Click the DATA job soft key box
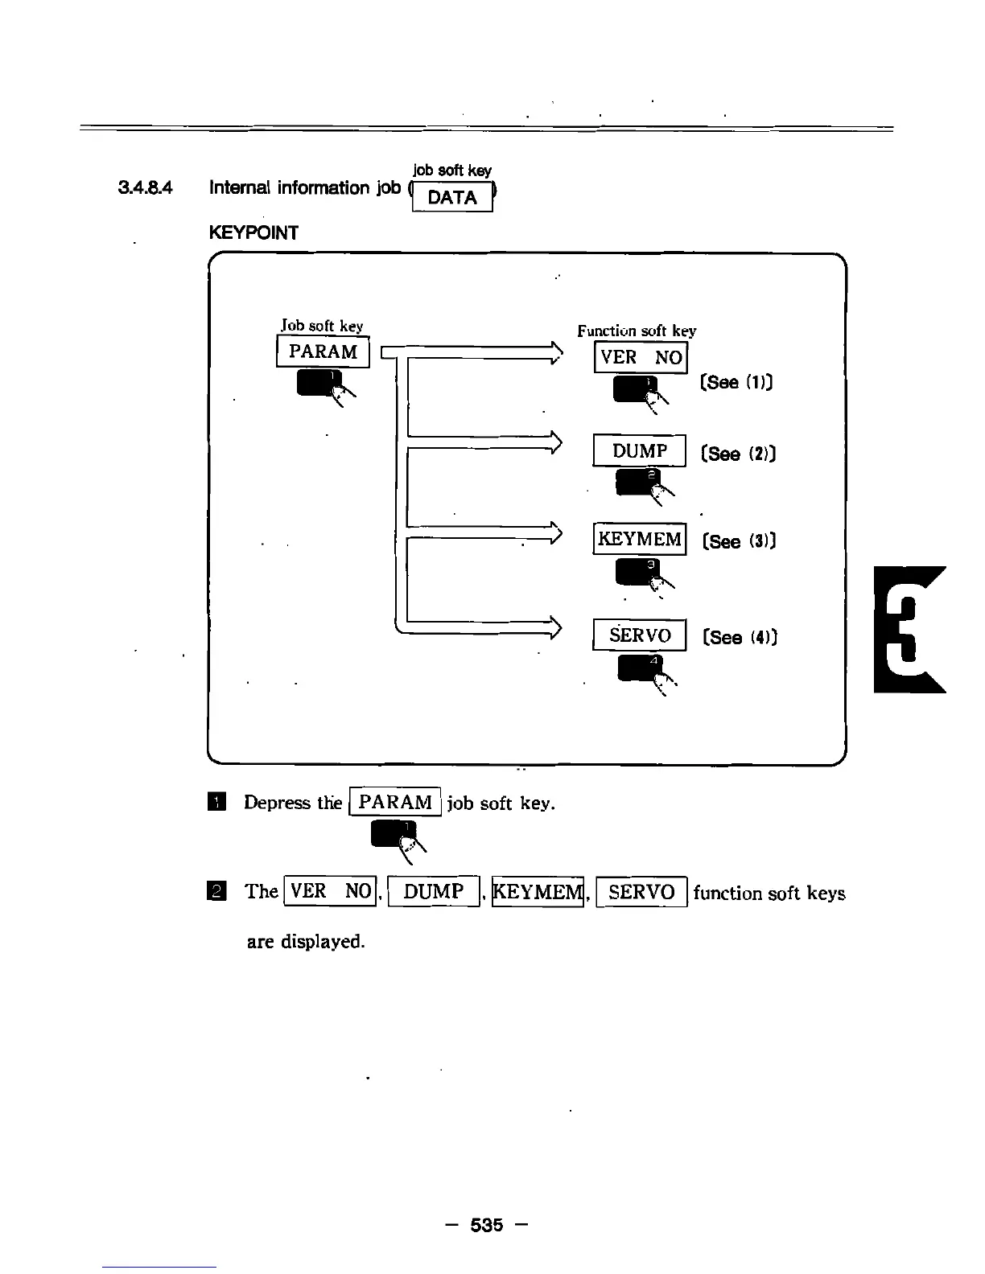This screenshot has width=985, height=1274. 452,197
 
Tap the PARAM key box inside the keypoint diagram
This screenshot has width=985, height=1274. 323,352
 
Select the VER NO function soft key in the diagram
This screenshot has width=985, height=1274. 641,357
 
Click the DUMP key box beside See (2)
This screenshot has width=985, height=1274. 640,451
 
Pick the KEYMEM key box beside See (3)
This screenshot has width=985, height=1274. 640,539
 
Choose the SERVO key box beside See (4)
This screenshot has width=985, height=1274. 640,635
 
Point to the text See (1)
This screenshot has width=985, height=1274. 736,382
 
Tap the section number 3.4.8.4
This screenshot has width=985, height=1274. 145,188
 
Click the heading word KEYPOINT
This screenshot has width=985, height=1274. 253,233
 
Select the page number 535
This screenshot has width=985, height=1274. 487,1225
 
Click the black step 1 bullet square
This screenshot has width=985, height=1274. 216,802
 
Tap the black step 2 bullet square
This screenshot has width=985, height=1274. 216,891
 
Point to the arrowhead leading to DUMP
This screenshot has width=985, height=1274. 554,442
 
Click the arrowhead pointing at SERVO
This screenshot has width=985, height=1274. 554,627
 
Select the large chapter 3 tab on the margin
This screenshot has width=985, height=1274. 909,629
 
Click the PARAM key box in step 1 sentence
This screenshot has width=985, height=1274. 395,802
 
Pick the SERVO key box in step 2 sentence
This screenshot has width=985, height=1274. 641,891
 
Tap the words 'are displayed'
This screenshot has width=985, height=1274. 306,941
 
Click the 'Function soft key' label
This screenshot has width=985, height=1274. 637,331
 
